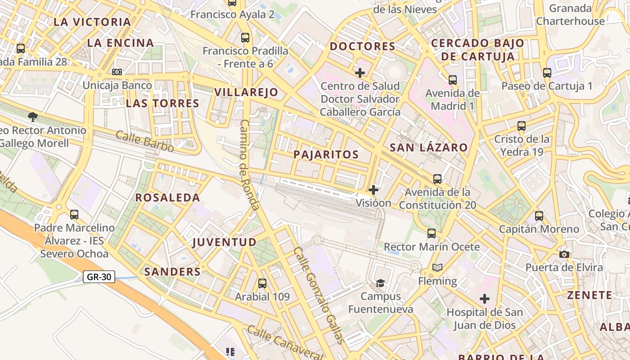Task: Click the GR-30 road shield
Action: point(99,277)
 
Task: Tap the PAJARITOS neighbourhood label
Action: point(326,155)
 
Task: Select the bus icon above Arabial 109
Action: point(262,283)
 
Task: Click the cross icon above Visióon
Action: point(373,189)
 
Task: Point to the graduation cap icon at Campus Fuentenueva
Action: point(381,283)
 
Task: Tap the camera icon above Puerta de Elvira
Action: point(564,254)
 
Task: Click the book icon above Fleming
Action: point(437,268)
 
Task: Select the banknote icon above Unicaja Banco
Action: point(117,72)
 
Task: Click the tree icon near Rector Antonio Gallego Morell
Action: point(32,117)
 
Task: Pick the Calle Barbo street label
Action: point(145,141)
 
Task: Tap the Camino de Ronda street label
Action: point(250,165)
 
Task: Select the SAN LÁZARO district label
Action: point(429,148)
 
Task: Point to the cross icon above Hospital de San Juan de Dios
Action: point(485,299)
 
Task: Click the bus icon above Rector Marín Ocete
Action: point(432,233)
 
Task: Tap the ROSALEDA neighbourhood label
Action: point(168,198)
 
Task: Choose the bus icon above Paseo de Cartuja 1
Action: point(547,72)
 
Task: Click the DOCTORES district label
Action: point(363,46)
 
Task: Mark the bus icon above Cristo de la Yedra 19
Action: point(522,126)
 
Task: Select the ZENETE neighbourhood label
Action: point(589,295)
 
